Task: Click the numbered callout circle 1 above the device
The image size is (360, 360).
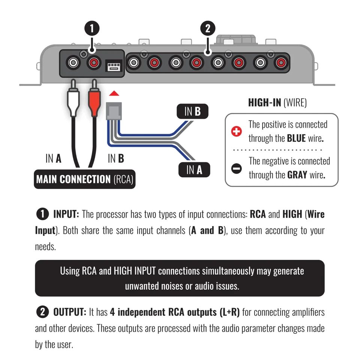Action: (91, 29)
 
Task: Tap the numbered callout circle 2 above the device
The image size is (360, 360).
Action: (208, 29)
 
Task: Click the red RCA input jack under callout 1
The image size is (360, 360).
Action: (94, 63)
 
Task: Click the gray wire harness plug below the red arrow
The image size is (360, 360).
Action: (114, 111)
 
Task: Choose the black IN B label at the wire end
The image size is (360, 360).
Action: (192, 112)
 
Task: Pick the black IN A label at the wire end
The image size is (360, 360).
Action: (194, 170)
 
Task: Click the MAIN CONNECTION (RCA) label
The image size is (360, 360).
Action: (84, 179)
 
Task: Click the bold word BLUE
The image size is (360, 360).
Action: (296, 138)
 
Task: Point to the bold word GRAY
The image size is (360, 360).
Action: (297, 175)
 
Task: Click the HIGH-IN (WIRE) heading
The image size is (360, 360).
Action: (277, 103)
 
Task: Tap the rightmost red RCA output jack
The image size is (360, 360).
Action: (280, 63)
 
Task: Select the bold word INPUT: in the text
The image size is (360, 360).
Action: (66, 214)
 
